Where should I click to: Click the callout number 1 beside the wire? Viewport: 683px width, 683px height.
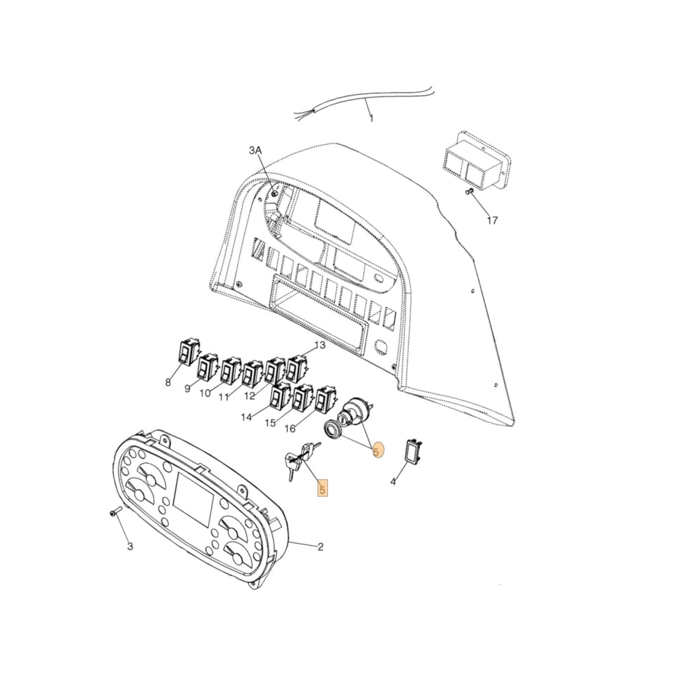(x=372, y=119)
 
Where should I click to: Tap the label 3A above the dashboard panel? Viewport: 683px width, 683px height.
(x=255, y=150)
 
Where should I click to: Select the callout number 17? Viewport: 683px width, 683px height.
(x=492, y=220)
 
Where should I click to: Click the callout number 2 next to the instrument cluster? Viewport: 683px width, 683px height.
(x=320, y=546)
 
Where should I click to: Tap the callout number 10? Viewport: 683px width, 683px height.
(x=206, y=393)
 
